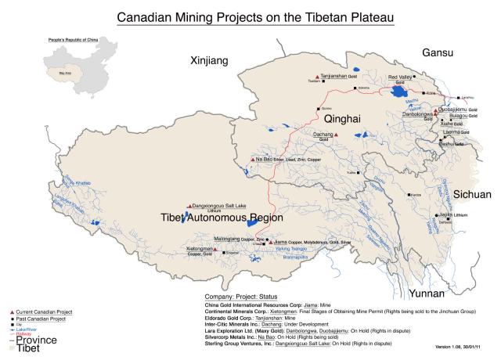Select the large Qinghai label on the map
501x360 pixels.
[x=343, y=119]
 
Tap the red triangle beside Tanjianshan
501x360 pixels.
[x=305, y=77]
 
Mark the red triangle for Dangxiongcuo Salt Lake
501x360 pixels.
[x=189, y=207]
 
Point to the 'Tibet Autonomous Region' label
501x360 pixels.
[x=220, y=218]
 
